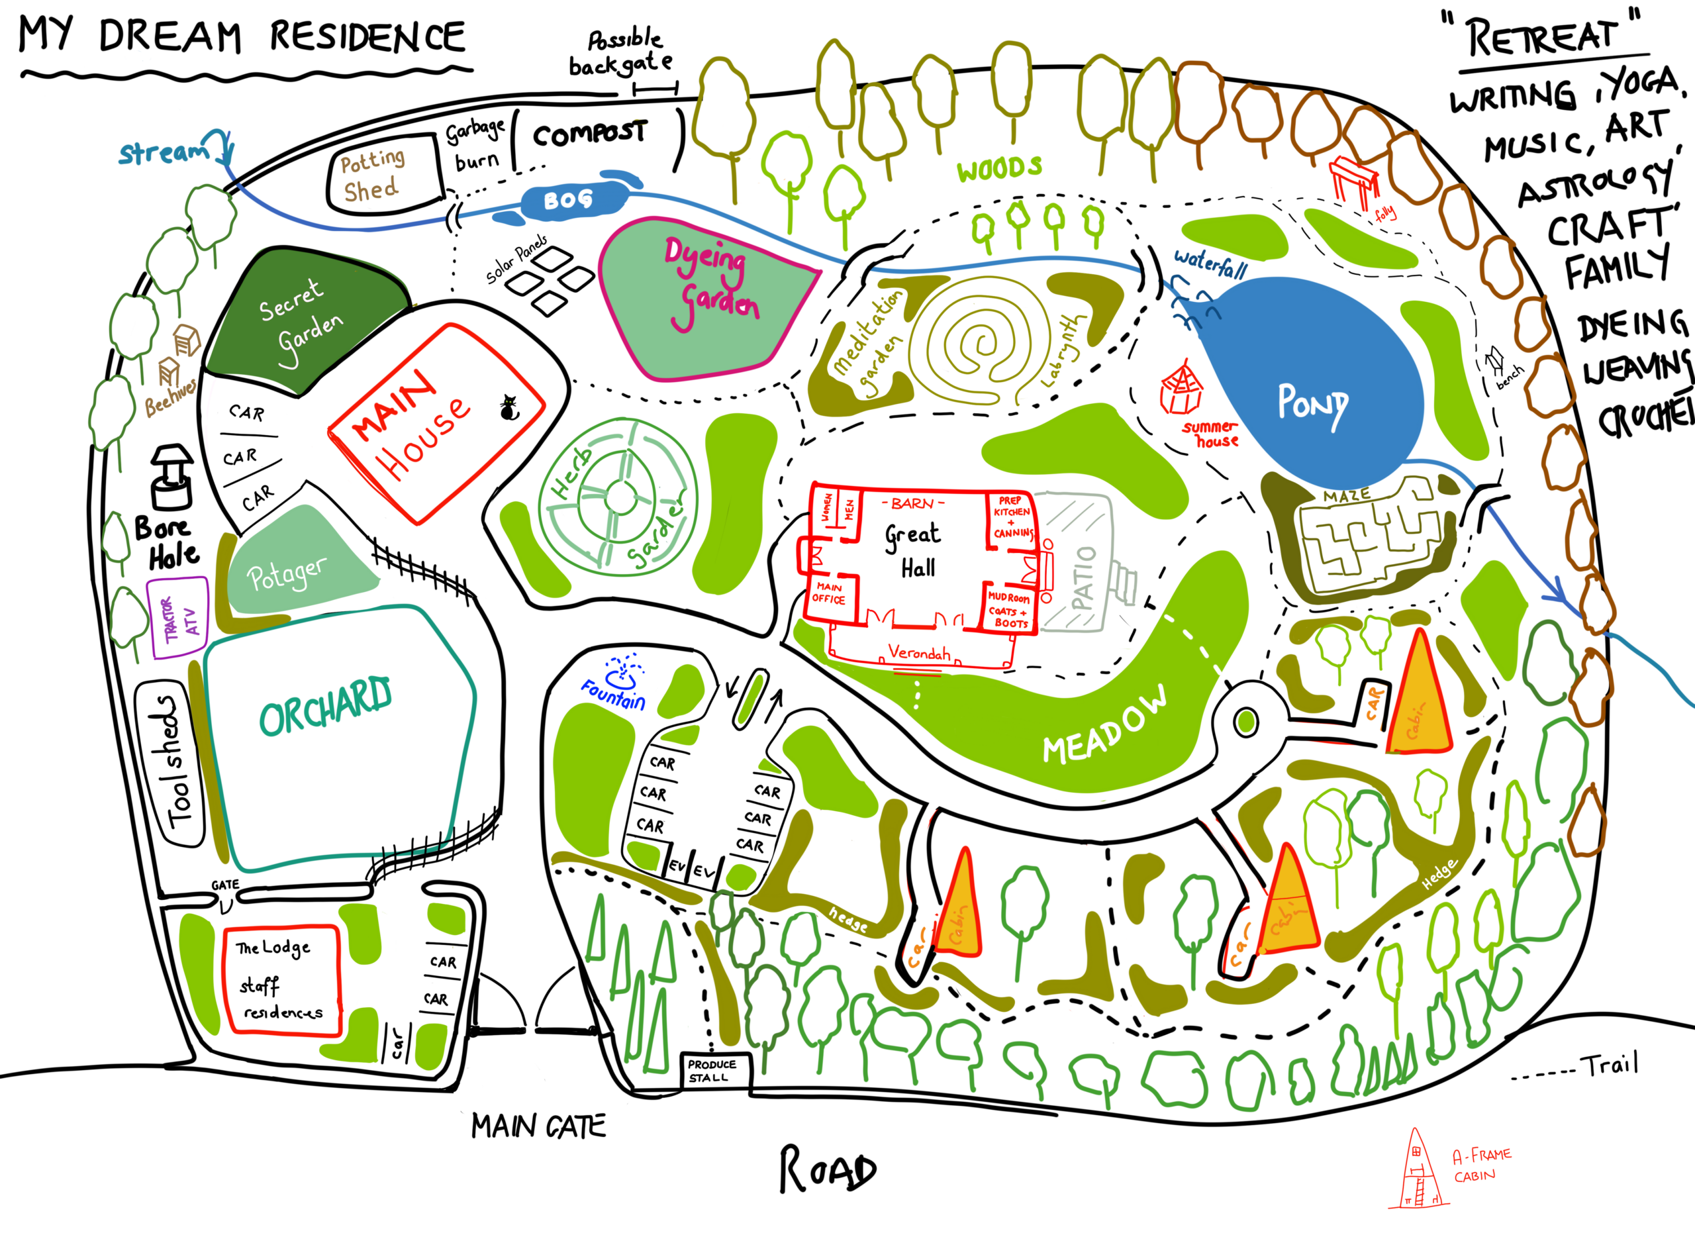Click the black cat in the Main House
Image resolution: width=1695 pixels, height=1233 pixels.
tap(509, 408)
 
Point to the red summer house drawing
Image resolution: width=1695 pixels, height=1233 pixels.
tap(1181, 389)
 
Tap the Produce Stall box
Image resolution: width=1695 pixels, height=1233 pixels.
tap(713, 1071)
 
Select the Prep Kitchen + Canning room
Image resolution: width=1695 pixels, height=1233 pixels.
tap(1012, 518)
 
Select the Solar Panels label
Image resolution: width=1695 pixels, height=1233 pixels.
tap(516, 260)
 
